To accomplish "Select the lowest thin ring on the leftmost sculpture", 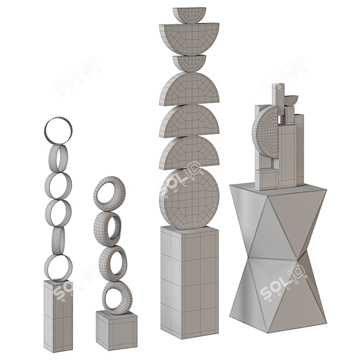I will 58,267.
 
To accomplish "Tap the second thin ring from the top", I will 59,157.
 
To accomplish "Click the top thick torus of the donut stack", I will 110,191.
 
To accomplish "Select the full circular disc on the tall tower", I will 189,199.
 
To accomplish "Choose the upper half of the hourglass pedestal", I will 277,220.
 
